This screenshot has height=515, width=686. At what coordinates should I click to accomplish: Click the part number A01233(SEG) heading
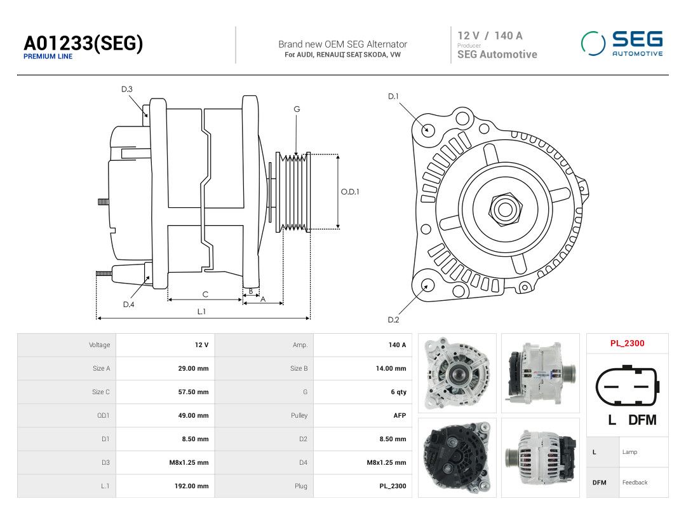83,43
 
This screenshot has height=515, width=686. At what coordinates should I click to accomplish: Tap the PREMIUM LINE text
48,57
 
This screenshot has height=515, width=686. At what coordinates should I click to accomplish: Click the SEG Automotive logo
622,43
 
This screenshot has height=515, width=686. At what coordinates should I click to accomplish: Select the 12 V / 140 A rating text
490,36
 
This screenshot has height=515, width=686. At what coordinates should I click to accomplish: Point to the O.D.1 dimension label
350,191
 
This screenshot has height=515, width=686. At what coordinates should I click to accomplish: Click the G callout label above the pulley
297,109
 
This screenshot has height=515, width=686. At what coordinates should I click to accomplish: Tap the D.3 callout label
127,90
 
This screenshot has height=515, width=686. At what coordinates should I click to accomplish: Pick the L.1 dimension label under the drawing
201,312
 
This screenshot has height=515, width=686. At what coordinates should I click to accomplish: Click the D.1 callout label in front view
393,97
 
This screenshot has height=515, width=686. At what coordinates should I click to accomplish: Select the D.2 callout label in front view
393,320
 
